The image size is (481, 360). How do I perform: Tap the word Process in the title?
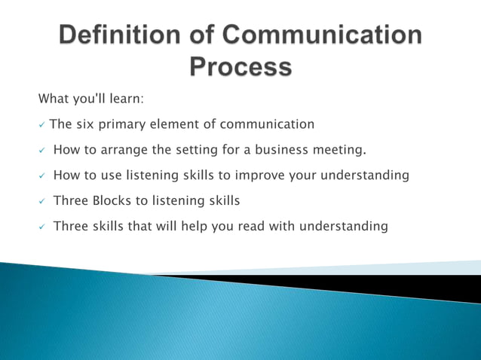point(240,67)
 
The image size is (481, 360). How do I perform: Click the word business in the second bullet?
point(280,150)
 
